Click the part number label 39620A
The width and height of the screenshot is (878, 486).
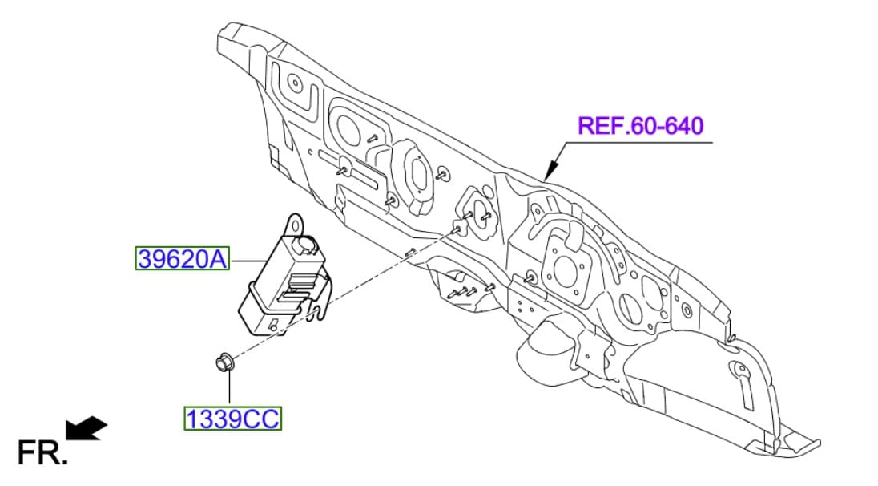click(x=182, y=259)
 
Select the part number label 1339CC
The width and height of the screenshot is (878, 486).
click(x=234, y=419)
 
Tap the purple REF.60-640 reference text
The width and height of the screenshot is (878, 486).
click(x=640, y=126)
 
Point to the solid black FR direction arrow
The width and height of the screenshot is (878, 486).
click(x=86, y=428)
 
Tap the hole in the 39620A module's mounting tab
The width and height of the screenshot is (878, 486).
click(x=296, y=217)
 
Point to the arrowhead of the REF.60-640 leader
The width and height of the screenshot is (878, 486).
click(x=547, y=174)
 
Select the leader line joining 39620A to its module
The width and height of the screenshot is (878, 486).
click(x=251, y=260)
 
